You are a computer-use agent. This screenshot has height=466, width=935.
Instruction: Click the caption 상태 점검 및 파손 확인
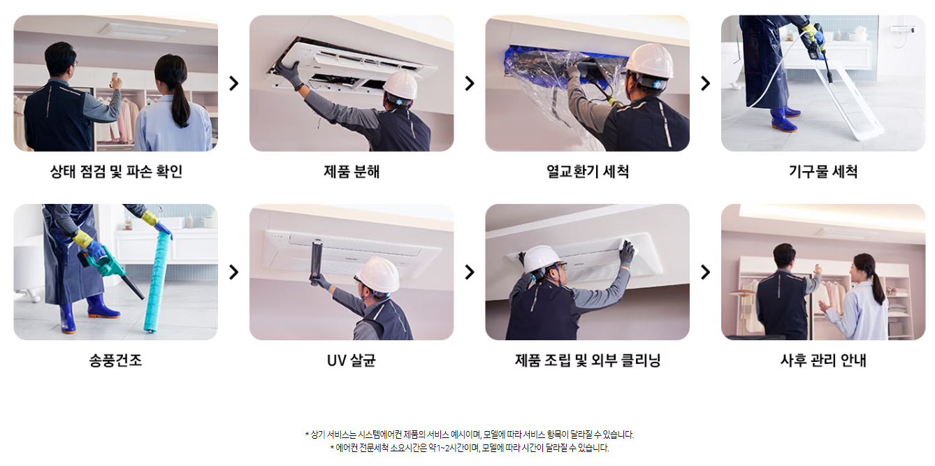coord(116,171)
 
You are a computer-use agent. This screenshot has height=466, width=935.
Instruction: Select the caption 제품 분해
coord(351,171)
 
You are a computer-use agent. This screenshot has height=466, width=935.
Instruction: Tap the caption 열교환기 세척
coord(587,171)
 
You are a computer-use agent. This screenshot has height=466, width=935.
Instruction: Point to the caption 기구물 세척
coord(823,171)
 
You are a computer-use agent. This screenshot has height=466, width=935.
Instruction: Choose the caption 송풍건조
coord(115,360)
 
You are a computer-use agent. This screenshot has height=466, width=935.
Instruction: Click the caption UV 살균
coord(351,360)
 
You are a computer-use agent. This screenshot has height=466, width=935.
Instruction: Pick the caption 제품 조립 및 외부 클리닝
coord(587,360)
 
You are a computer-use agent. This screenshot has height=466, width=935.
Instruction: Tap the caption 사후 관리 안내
coord(823,360)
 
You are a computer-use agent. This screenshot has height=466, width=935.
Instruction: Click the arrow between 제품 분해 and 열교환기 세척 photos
coord(470,83)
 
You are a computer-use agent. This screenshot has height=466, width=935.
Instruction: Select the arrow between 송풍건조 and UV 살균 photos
coord(233,272)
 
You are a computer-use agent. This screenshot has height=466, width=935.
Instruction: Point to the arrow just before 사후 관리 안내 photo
coord(705,272)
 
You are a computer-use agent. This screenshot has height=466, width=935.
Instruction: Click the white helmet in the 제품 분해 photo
coord(400,85)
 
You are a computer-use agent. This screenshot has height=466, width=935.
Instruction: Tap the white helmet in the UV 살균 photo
coord(378,274)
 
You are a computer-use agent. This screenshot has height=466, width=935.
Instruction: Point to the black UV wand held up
coord(317,262)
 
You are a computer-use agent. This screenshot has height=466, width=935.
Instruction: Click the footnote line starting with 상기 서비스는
coord(470,435)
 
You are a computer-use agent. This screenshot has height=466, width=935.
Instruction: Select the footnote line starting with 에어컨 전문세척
coord(470,448)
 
